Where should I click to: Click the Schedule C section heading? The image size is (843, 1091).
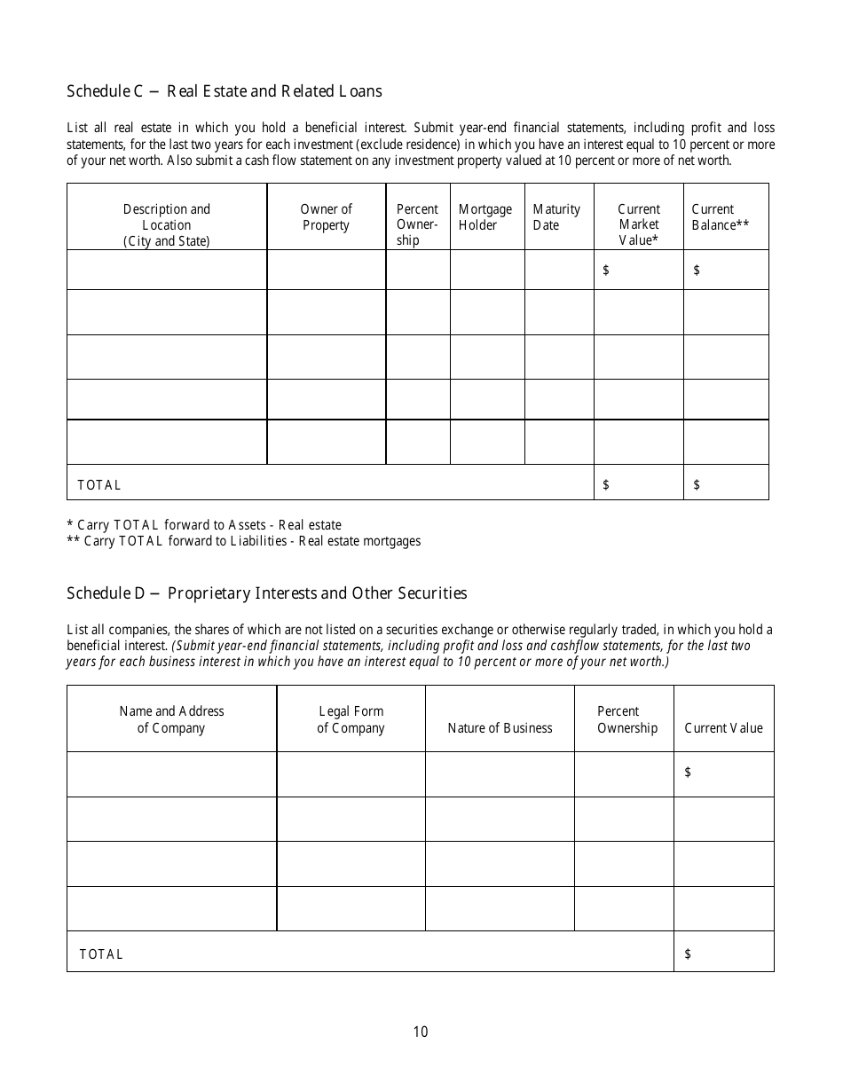pyautogui.click(x=225, y=91)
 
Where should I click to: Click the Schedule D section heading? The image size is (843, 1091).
pyautogui.click(x=266, y=593)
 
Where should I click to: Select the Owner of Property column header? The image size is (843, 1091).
pyautogui.click(x=326, y=217)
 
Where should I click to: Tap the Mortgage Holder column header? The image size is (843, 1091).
pyautogui.click(x=485, y=217)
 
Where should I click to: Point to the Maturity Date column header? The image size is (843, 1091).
pyautogui.click(x=556, y=217)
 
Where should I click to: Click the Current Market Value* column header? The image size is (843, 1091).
pyautogui.click(x=639, y=224)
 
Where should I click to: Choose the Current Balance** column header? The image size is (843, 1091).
pyautogui.click(x=720, y=217)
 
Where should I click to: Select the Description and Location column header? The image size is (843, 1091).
pyautogui.click(x=167, y=225)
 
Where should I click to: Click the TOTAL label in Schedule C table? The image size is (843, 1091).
pyautogui.click(x=99, y=485)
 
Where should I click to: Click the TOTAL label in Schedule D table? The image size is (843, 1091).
pyautogui.click(x=101, y=954)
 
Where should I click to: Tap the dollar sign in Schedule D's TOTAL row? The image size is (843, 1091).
pyautogui.click(x=688, y=954)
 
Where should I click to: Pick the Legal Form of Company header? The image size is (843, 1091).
pyautogui.click(x=351, y=719)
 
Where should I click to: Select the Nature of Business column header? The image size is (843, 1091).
pyautogui.click(x=500, y=728)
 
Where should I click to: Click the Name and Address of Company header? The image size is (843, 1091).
pyautogui.click(x=171, y=719)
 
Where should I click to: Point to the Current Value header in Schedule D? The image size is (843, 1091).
pyautogui.click(x=723, y=728)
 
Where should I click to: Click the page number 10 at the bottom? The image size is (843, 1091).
pyautogui.click(x=421, y=1032)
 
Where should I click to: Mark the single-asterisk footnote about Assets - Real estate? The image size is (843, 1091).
pyautogui.click(x=204, y=525)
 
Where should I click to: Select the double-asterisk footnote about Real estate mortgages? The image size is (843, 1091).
pyautogui.click(x=244, y=541)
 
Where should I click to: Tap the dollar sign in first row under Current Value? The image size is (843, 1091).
pyautogui.click(x=688, y=773)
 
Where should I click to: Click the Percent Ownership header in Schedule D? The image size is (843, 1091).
pyautogui.click(x=626, y=719)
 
